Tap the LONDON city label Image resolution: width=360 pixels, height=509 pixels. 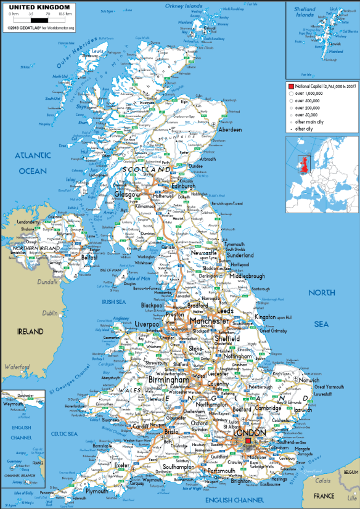pos(250,433)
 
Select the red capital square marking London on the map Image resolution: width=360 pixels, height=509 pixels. pos(248,442)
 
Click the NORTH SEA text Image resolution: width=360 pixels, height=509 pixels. pos(322,308)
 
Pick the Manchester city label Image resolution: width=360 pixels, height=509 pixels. pos(208,322)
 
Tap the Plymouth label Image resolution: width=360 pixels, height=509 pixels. pos(97,491)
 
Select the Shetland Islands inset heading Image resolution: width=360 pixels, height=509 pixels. pos(305,12)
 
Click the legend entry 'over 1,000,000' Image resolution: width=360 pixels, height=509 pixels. pos(308,93)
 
